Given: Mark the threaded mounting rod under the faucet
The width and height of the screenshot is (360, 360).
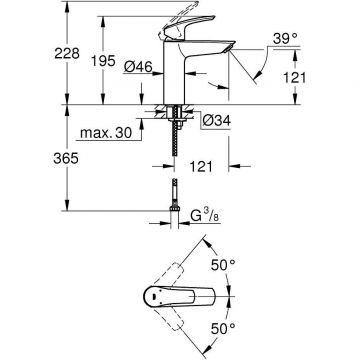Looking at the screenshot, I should (175, 140).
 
